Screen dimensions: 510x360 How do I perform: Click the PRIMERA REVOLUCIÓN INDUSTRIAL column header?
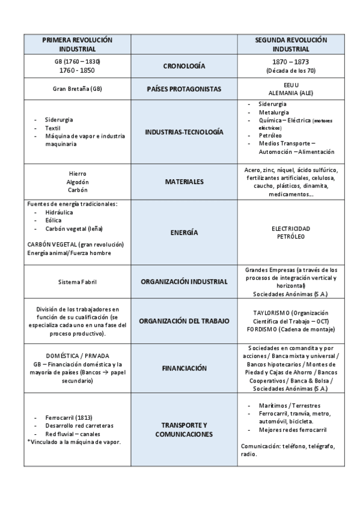pos(77,44)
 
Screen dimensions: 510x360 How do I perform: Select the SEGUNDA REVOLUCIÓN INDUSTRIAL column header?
pos(290,44)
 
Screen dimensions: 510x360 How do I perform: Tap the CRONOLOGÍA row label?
pos(184,66)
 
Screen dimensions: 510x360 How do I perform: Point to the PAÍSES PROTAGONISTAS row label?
pos(184,89)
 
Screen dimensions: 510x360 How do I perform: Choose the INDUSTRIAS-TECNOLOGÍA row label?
pos(184,131)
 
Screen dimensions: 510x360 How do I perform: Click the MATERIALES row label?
pos(184,181)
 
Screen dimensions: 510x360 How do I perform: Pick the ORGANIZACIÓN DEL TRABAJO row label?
pos(184,321)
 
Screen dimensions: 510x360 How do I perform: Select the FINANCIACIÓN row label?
pos(184,368)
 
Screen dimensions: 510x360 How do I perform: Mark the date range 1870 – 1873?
pos(290,61)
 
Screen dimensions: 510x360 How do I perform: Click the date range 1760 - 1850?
pos(77,70)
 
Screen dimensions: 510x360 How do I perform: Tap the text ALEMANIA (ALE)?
pos(290,93)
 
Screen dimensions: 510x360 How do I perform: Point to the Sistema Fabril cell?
pos(77,281)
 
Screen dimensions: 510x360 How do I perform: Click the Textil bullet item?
pos(53,128)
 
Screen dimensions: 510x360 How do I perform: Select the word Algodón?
pos(77,181)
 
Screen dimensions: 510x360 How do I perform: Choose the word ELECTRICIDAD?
pos(290,229)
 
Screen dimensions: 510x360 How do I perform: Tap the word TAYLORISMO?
pos(269,313)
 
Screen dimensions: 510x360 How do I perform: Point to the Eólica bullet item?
pos(53,220)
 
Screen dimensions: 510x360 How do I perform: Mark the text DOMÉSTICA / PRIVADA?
pos(77,356)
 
